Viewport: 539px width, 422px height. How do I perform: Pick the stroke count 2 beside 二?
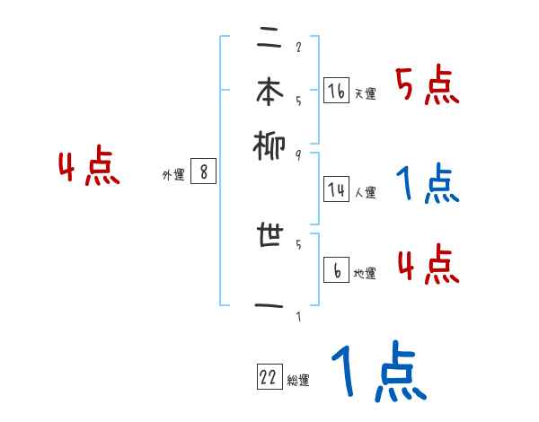(x=297, y=48)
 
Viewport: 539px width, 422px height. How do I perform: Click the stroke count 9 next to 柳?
(x=297, y=155)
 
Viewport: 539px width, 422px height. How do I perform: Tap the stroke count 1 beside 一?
(x=297, y=316)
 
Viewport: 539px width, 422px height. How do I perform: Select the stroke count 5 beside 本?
(x=297, y=101)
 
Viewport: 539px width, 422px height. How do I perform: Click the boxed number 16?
(x=336, y=91)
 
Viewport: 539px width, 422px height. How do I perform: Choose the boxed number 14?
(x=336, y=189)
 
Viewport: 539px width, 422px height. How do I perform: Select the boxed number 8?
(x=203, y=172)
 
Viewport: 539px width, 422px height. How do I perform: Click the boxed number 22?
(x=269, y=378)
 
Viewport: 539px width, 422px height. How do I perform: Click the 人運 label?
(x=365, y=192)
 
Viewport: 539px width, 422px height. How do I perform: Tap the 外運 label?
(x=173, y=176)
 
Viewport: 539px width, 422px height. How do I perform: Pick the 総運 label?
(x=298, y=381)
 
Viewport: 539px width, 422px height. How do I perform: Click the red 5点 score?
(x=428, y=87)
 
